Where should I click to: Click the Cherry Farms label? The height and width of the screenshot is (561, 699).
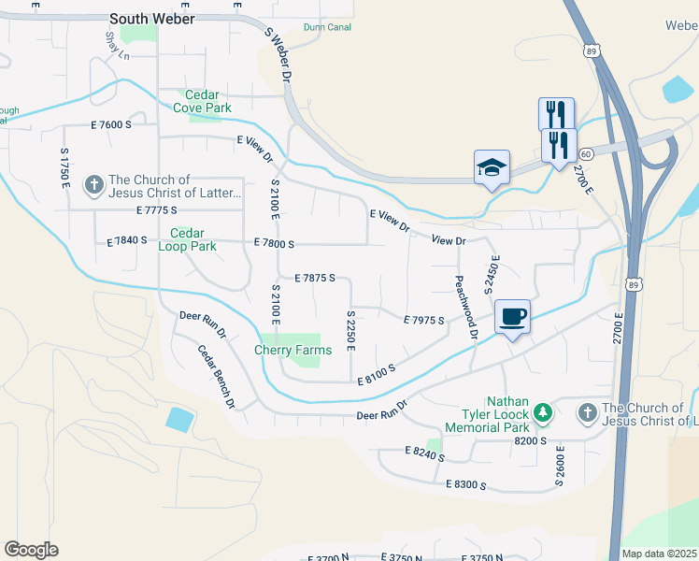(292, 351)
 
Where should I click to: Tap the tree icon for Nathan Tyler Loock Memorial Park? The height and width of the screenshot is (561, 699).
(543, 412)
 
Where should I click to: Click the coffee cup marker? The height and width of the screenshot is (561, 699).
(512, 316)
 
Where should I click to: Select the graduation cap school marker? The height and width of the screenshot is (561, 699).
(492, 167)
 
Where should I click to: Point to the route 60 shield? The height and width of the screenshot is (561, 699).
(585, 152)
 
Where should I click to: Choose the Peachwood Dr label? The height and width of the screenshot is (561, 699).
(466, 307)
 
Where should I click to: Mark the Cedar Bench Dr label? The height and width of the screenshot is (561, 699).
(216, 377)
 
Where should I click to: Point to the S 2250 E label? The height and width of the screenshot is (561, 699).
(350, 331)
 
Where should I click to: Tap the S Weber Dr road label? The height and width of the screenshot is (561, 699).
(279, 53)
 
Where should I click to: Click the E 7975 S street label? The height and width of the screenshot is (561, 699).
(423, 320)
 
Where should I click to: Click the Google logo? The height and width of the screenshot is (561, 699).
(31, 550)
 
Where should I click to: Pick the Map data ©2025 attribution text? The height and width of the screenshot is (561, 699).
(660, 554)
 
